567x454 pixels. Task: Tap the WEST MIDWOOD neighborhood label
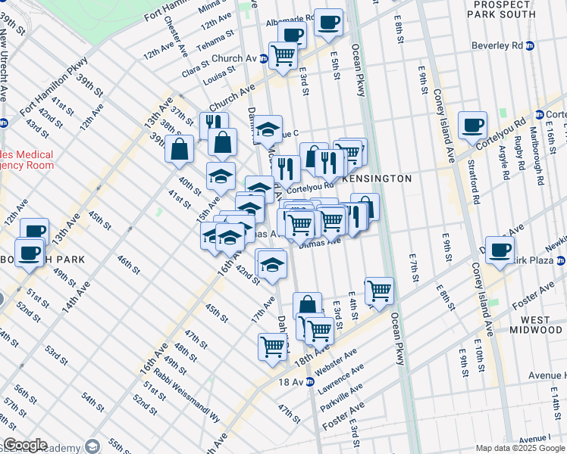(x=536, y=325)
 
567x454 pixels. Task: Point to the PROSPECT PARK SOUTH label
(x=507, y=10)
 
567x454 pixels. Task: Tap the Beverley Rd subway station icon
(x=530, y=45)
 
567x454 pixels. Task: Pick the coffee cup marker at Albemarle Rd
(x=328, y=23)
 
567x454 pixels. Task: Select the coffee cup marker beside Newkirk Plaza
(x=500, y=249)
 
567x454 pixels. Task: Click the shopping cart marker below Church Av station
(x=283, y=54)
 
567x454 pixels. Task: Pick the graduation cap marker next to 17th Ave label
(x=271, y=264)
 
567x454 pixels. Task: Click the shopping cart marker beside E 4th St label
(x=378, y=290)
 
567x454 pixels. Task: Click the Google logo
(x=25, y=445)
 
